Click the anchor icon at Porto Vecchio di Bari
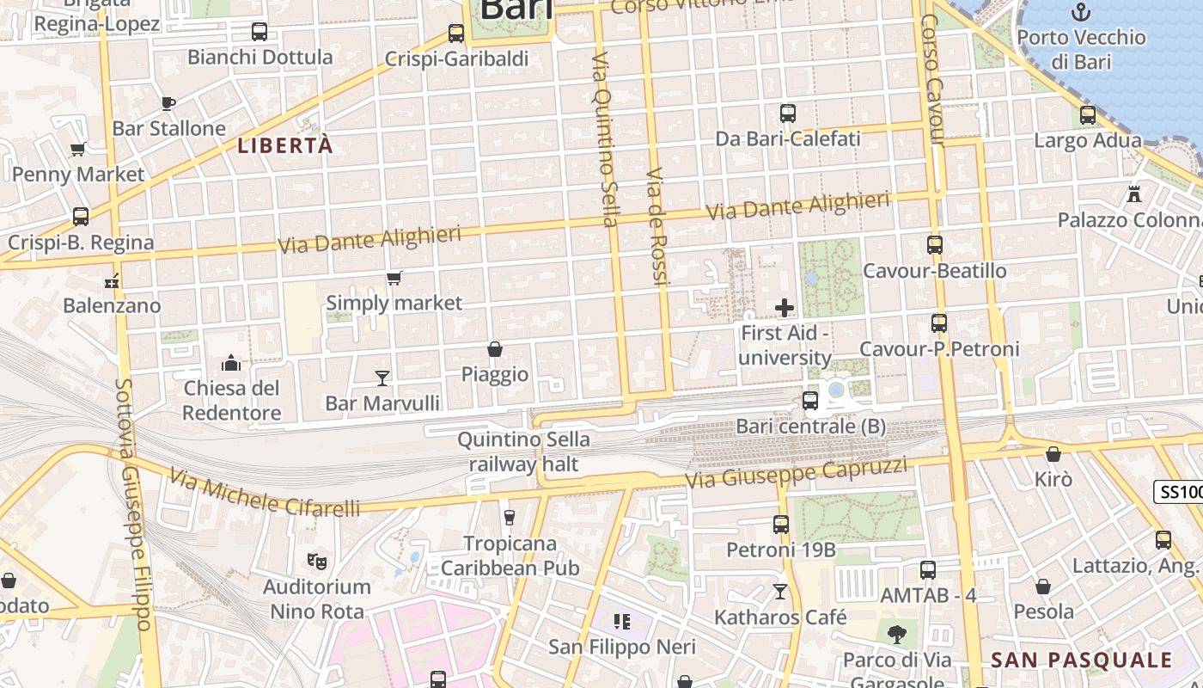[1081, 12]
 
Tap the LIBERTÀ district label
[284, 145]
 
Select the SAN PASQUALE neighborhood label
[1081, 660]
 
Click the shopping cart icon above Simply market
[394, 278]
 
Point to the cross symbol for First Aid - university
[784, 307]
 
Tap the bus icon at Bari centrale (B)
[809, 400]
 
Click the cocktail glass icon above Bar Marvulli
[382, 378]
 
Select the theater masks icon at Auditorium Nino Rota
[317, 562]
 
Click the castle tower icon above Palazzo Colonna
[1134, 193]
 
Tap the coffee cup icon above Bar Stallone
[168, 103]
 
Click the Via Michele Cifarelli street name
[265, 493]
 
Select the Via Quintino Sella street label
[604, 138]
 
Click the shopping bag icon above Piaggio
[495, 349]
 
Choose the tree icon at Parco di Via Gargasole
[896, 635]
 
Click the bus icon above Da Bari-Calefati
[787, 113]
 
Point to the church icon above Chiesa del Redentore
[230, 363]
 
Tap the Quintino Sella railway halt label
[523, 452]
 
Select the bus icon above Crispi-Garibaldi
[456, 34]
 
